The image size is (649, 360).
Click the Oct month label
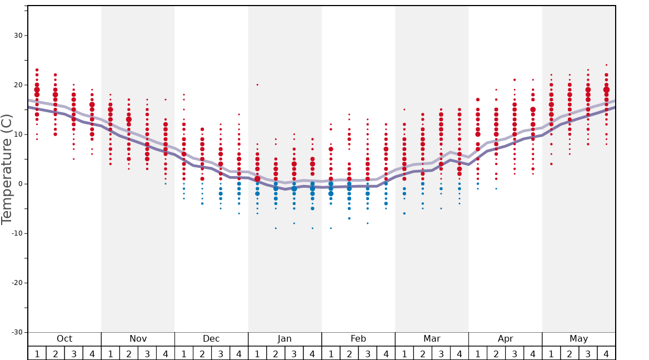(x=64, y=339)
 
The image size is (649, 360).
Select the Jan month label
(x=284, y=339)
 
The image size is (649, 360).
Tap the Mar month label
(x=432, y=339)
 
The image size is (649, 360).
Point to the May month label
(x=578, y=339)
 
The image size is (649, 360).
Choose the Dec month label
(x=211, y=339)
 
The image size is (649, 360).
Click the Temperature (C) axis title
(x=7, y=169)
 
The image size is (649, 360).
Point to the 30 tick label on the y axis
(x=18, y=36)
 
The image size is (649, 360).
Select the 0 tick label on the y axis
(x=20, y=184)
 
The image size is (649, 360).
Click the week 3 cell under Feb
(x=367, y=353)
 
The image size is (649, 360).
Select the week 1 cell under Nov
(x=111, y=353)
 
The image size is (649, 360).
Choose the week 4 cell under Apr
(x=532, y=353)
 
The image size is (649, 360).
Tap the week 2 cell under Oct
(x=56, y=353)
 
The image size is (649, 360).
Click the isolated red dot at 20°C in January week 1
(x=257, y=85)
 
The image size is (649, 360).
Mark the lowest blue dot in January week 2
(x=276, y=228)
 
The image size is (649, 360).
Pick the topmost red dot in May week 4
(x=606, y=65)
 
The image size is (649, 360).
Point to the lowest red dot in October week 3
(x=74, y=159)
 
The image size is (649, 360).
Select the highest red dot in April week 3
(x=515, y=80)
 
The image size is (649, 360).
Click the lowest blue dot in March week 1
(x=405, y=213)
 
